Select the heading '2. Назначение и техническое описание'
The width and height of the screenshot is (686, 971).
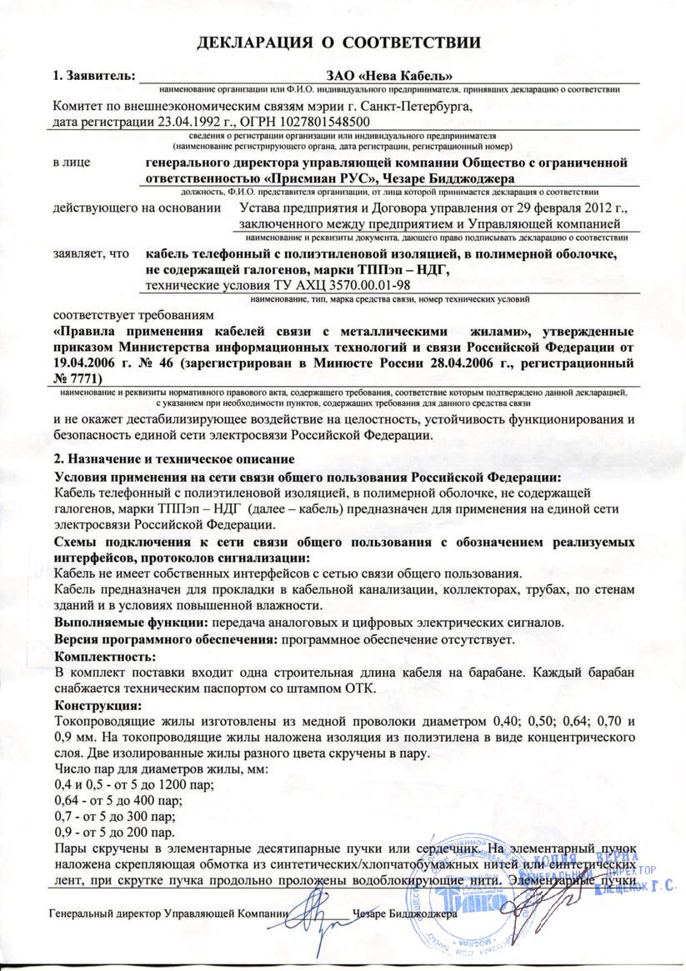click(173, 458)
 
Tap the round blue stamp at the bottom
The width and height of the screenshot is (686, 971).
click(455, 900)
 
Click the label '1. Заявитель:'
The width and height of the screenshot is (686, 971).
click(93, 76)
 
